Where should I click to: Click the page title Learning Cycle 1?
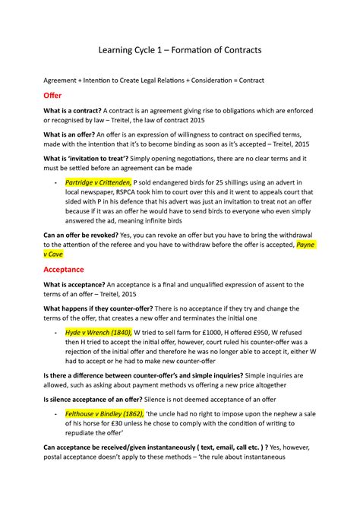[x=179, y=49]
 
